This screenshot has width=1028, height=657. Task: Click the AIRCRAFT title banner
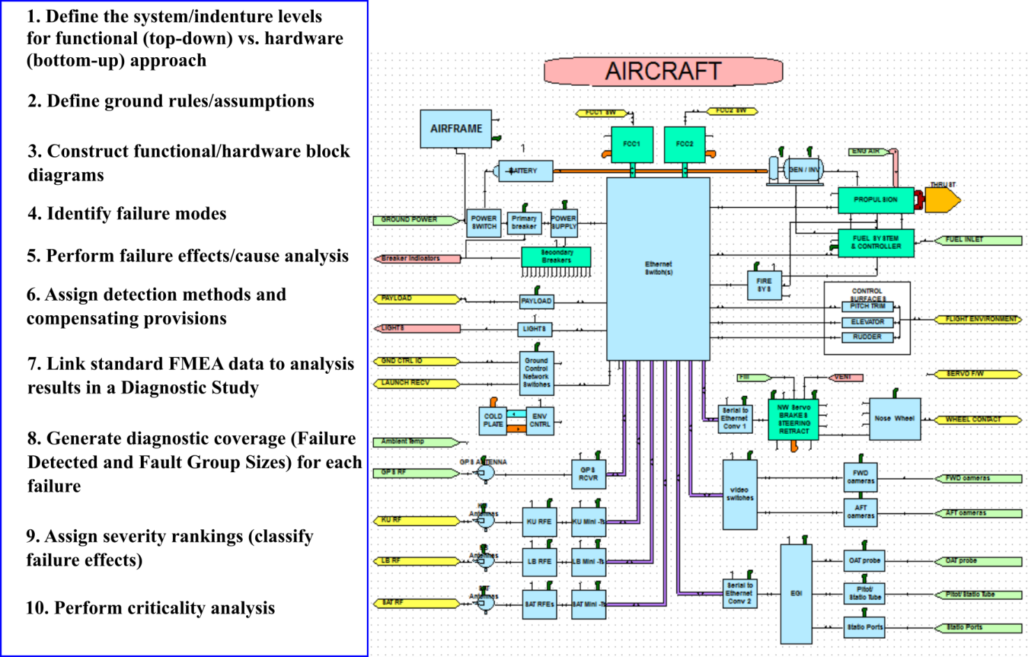(x=663, y=71)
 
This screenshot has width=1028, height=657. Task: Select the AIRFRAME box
(x=455, y=129)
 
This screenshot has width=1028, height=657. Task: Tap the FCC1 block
(x=632, y=144)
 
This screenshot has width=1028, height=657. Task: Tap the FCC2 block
(x=684, y=144)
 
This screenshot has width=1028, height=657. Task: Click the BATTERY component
(x=526, y=171)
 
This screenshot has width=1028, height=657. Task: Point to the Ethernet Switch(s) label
(x=658, y=268)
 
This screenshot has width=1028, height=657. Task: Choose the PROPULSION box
(x=875, y=200)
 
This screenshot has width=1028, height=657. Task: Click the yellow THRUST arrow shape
(x=942, y=200)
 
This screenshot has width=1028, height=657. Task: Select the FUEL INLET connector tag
(x=978, y=240)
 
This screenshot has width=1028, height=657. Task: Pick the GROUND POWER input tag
(x=416, y=220)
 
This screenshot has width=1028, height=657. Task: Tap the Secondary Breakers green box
(x=556, y=257)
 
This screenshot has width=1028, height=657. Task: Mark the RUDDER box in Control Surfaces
(x=867, y=338)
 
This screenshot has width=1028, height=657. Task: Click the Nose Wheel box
(x=895, y=418)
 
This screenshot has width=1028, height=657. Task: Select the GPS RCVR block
(x=588, y=474)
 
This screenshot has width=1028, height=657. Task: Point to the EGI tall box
(x=796, y=594)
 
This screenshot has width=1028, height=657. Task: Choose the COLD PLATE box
(x=493, y=421)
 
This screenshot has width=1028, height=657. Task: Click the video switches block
(x=740, y=494)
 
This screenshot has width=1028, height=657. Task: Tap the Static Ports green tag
(x=978, y=628)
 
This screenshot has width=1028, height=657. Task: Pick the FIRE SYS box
(x=764, y=285)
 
